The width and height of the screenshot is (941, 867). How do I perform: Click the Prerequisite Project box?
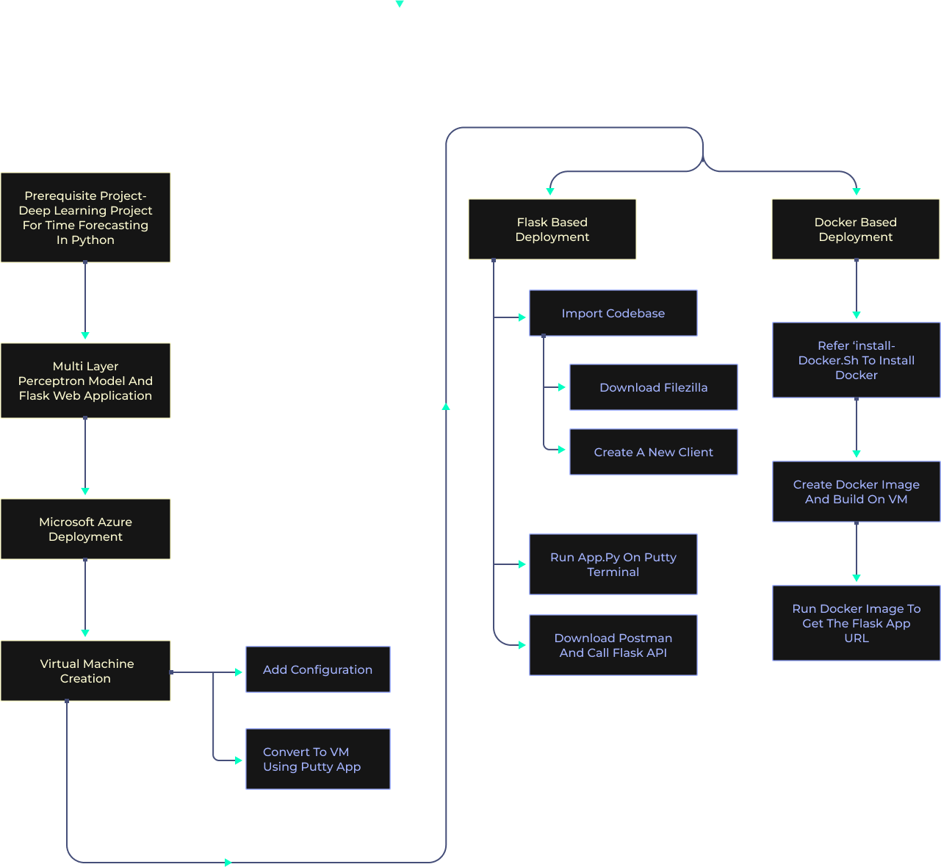85,217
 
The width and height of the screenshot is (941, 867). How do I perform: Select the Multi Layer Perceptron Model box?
85,381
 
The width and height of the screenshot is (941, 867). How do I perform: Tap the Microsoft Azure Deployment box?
85,529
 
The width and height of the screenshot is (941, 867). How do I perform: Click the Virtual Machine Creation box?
85,671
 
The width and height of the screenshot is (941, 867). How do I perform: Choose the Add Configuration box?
317,669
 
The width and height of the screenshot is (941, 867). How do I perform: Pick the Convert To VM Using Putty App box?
317,759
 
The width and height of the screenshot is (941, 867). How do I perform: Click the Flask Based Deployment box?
552,229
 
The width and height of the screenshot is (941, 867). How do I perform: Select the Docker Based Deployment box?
855,229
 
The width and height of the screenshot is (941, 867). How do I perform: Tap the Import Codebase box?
613,313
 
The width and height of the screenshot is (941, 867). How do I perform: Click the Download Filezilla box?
653,387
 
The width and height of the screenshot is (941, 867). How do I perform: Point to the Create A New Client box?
653,452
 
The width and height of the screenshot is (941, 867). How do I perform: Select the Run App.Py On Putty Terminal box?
613,564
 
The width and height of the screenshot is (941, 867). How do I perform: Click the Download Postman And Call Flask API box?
613,645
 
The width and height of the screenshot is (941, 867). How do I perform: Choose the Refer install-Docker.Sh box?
856,360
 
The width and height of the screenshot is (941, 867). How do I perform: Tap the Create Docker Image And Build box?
856,492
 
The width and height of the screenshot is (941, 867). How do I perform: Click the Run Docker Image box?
856,623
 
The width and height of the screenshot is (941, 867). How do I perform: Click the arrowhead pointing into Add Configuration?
238,672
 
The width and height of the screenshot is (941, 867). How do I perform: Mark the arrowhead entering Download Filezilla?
562,387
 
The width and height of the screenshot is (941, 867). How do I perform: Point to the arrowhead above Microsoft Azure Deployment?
85,491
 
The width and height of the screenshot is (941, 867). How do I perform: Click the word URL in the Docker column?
856,638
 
